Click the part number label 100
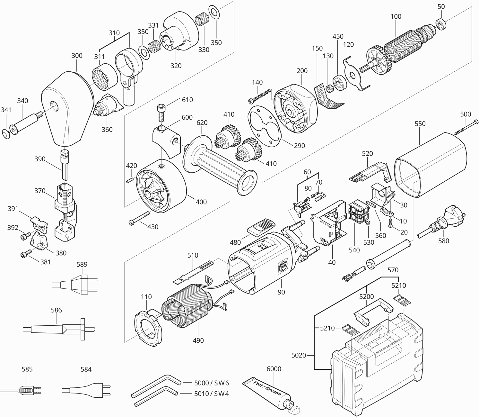(396, 17)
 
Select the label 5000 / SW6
(211, 383)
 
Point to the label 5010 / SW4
(211, 394)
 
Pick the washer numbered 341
(5, 134)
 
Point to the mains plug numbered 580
(440, 222)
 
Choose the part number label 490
(198, 340)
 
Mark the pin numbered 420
(129, 180)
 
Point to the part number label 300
(77, 56)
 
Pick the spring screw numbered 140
(260, 96)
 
